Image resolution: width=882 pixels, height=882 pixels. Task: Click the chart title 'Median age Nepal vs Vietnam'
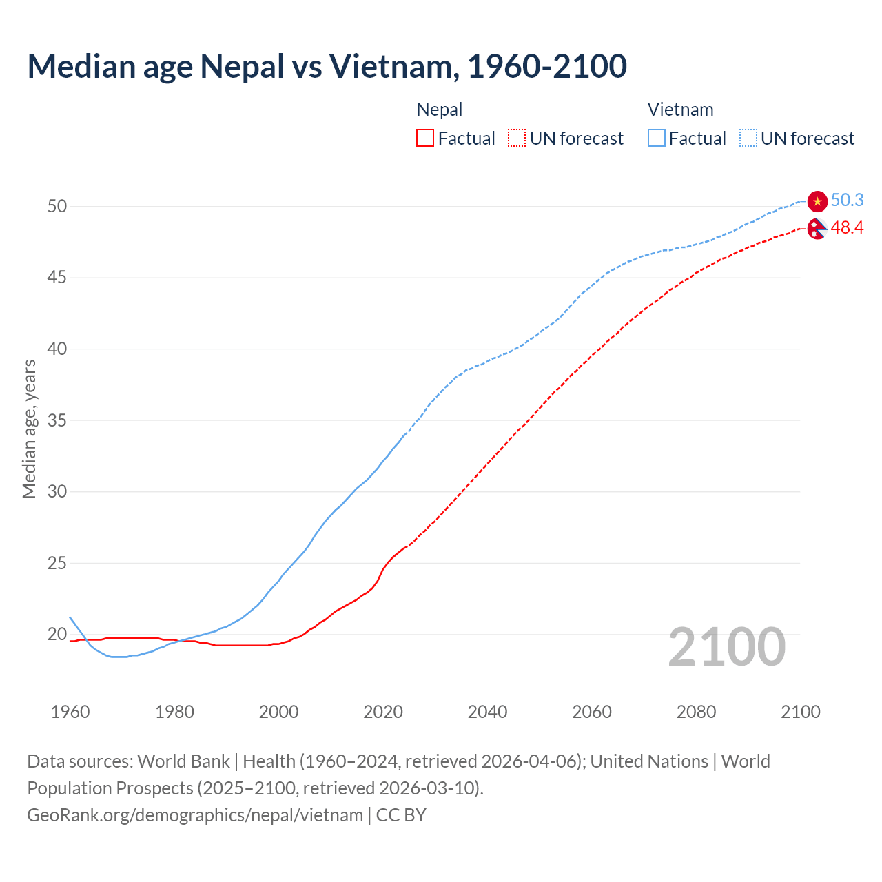click(327, 66)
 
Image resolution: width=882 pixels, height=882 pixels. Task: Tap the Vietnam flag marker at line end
click(817, 201)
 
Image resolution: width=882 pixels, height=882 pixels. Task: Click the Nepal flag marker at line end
click(817, 229)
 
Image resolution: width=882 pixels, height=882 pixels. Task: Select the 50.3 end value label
click(847, 200)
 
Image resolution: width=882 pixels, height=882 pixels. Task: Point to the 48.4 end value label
click(847, 227)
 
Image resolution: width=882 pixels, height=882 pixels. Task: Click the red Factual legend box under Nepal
click(425, 139)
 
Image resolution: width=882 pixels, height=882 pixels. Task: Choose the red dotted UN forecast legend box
click(517, 139)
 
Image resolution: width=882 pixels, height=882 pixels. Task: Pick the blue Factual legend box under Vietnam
click(656, 139)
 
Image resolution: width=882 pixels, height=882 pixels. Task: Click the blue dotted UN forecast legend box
click(748, 139)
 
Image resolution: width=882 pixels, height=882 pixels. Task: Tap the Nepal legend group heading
click(440, 110)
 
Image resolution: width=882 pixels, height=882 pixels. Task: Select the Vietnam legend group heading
click(680, 110)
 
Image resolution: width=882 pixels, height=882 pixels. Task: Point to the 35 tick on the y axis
click(57, 420)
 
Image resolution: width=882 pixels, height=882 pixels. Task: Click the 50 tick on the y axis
click(57, 206)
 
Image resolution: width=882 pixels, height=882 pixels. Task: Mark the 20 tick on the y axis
click(57, 634)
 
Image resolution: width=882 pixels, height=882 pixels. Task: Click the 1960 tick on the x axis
click(70, 712)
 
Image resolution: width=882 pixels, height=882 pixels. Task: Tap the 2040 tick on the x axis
click(487, 712)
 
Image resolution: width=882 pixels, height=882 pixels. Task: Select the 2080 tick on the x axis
click(696, 712)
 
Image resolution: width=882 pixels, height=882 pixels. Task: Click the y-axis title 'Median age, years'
click(29, 429)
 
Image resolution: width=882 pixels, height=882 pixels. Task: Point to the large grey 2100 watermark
click(726, 646)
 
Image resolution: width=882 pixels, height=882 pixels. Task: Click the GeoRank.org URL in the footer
click(195, 815)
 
